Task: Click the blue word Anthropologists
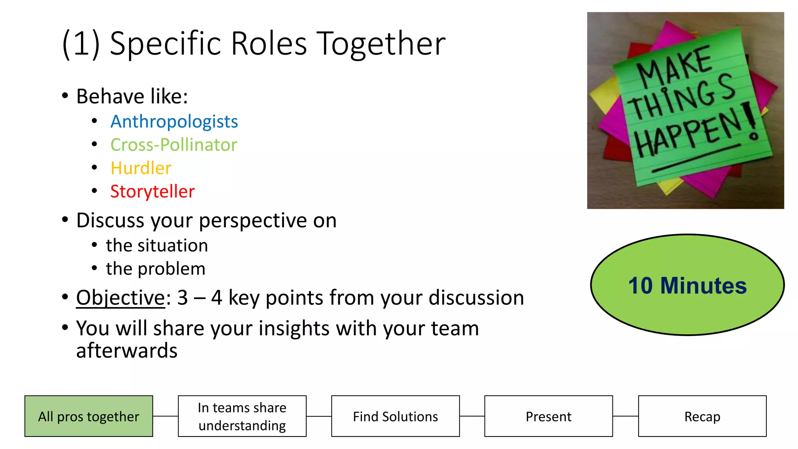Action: coord(174,122)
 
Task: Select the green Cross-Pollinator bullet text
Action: coord(173,145)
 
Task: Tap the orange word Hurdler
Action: coord(141,168)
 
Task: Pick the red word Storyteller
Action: coord(152,192)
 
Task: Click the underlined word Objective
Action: coord(121,298)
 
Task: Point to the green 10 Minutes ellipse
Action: coord(687,285)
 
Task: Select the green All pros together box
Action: coord(89,416)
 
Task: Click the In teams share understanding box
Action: coord(242,416)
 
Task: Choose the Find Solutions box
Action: coord(395,416)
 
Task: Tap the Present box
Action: coord(548,416)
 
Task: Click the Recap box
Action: coord(702,416)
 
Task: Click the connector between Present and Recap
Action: coord(625,416)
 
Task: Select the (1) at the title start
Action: coord(81,44)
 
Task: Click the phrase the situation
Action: coord(157,246)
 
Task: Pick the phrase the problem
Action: coord(155,269)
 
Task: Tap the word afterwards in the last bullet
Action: coord(127,350)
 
